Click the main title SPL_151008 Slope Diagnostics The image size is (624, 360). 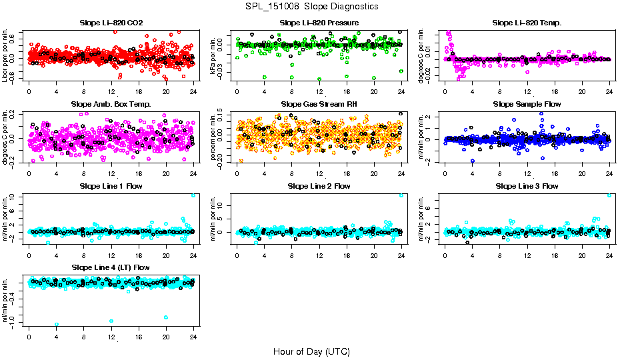pyautogui.click(x=312, y=7)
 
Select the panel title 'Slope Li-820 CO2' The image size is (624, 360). pyautogui.click(x=111, y=23)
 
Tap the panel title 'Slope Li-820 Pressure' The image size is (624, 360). pyautogui.click(x=319, y=23)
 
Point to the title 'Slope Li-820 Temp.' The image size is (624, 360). pyautogui.click(x=527, y=23)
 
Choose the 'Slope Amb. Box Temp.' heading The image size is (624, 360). pyautogui.click(x=111, y=105)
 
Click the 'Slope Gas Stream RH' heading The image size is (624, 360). pyautogui.click(x=319, y=105)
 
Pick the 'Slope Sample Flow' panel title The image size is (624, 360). pyautogui.click(x=527, y=105)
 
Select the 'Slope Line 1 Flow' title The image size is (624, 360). pyautogui.click(x=111, y=186)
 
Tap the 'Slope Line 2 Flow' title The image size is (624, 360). pyautogui.click(x=319, y=186)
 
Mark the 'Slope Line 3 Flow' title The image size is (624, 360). pyautogui.click(x=527, y=186)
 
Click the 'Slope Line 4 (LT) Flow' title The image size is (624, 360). pyautogui.click(x=111, y=267)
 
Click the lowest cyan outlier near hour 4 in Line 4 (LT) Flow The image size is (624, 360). pyautogui.click(x=57, y=325)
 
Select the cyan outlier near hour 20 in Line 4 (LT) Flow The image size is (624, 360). pyautogui.click(x=165, y=317)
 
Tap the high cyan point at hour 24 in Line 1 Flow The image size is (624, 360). pyautogui.click(x=193, y=195)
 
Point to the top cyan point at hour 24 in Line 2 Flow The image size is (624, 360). pyautogui.click(x=401, y=195)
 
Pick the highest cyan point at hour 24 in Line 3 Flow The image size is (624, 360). pyautogui.click(x=609, y=195)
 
